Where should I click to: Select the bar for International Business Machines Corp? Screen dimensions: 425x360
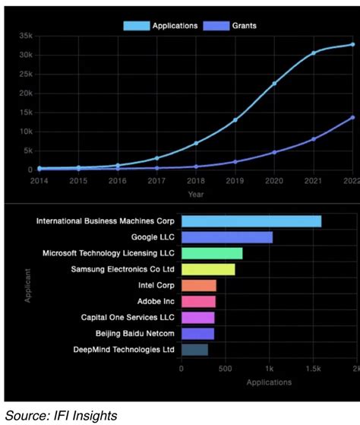251,221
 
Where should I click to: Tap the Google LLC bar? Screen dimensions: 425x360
226,237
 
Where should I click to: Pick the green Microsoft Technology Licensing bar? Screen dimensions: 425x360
211,253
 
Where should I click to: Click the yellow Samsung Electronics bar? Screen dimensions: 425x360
207,269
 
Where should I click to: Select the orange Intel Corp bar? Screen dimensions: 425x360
198,285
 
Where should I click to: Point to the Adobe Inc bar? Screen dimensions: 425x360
197,301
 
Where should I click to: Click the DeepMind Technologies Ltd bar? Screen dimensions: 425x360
194,350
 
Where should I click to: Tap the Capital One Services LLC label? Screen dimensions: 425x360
128,317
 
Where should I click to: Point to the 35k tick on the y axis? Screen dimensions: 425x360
25,36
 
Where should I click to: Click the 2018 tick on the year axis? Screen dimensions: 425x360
196,181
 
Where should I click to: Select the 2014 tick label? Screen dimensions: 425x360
39,181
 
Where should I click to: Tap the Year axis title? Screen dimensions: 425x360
196,195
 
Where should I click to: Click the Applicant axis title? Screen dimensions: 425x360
28,286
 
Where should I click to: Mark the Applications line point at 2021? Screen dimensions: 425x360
314,53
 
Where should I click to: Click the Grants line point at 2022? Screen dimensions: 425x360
352,117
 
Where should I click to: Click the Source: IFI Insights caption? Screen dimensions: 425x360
62,414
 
